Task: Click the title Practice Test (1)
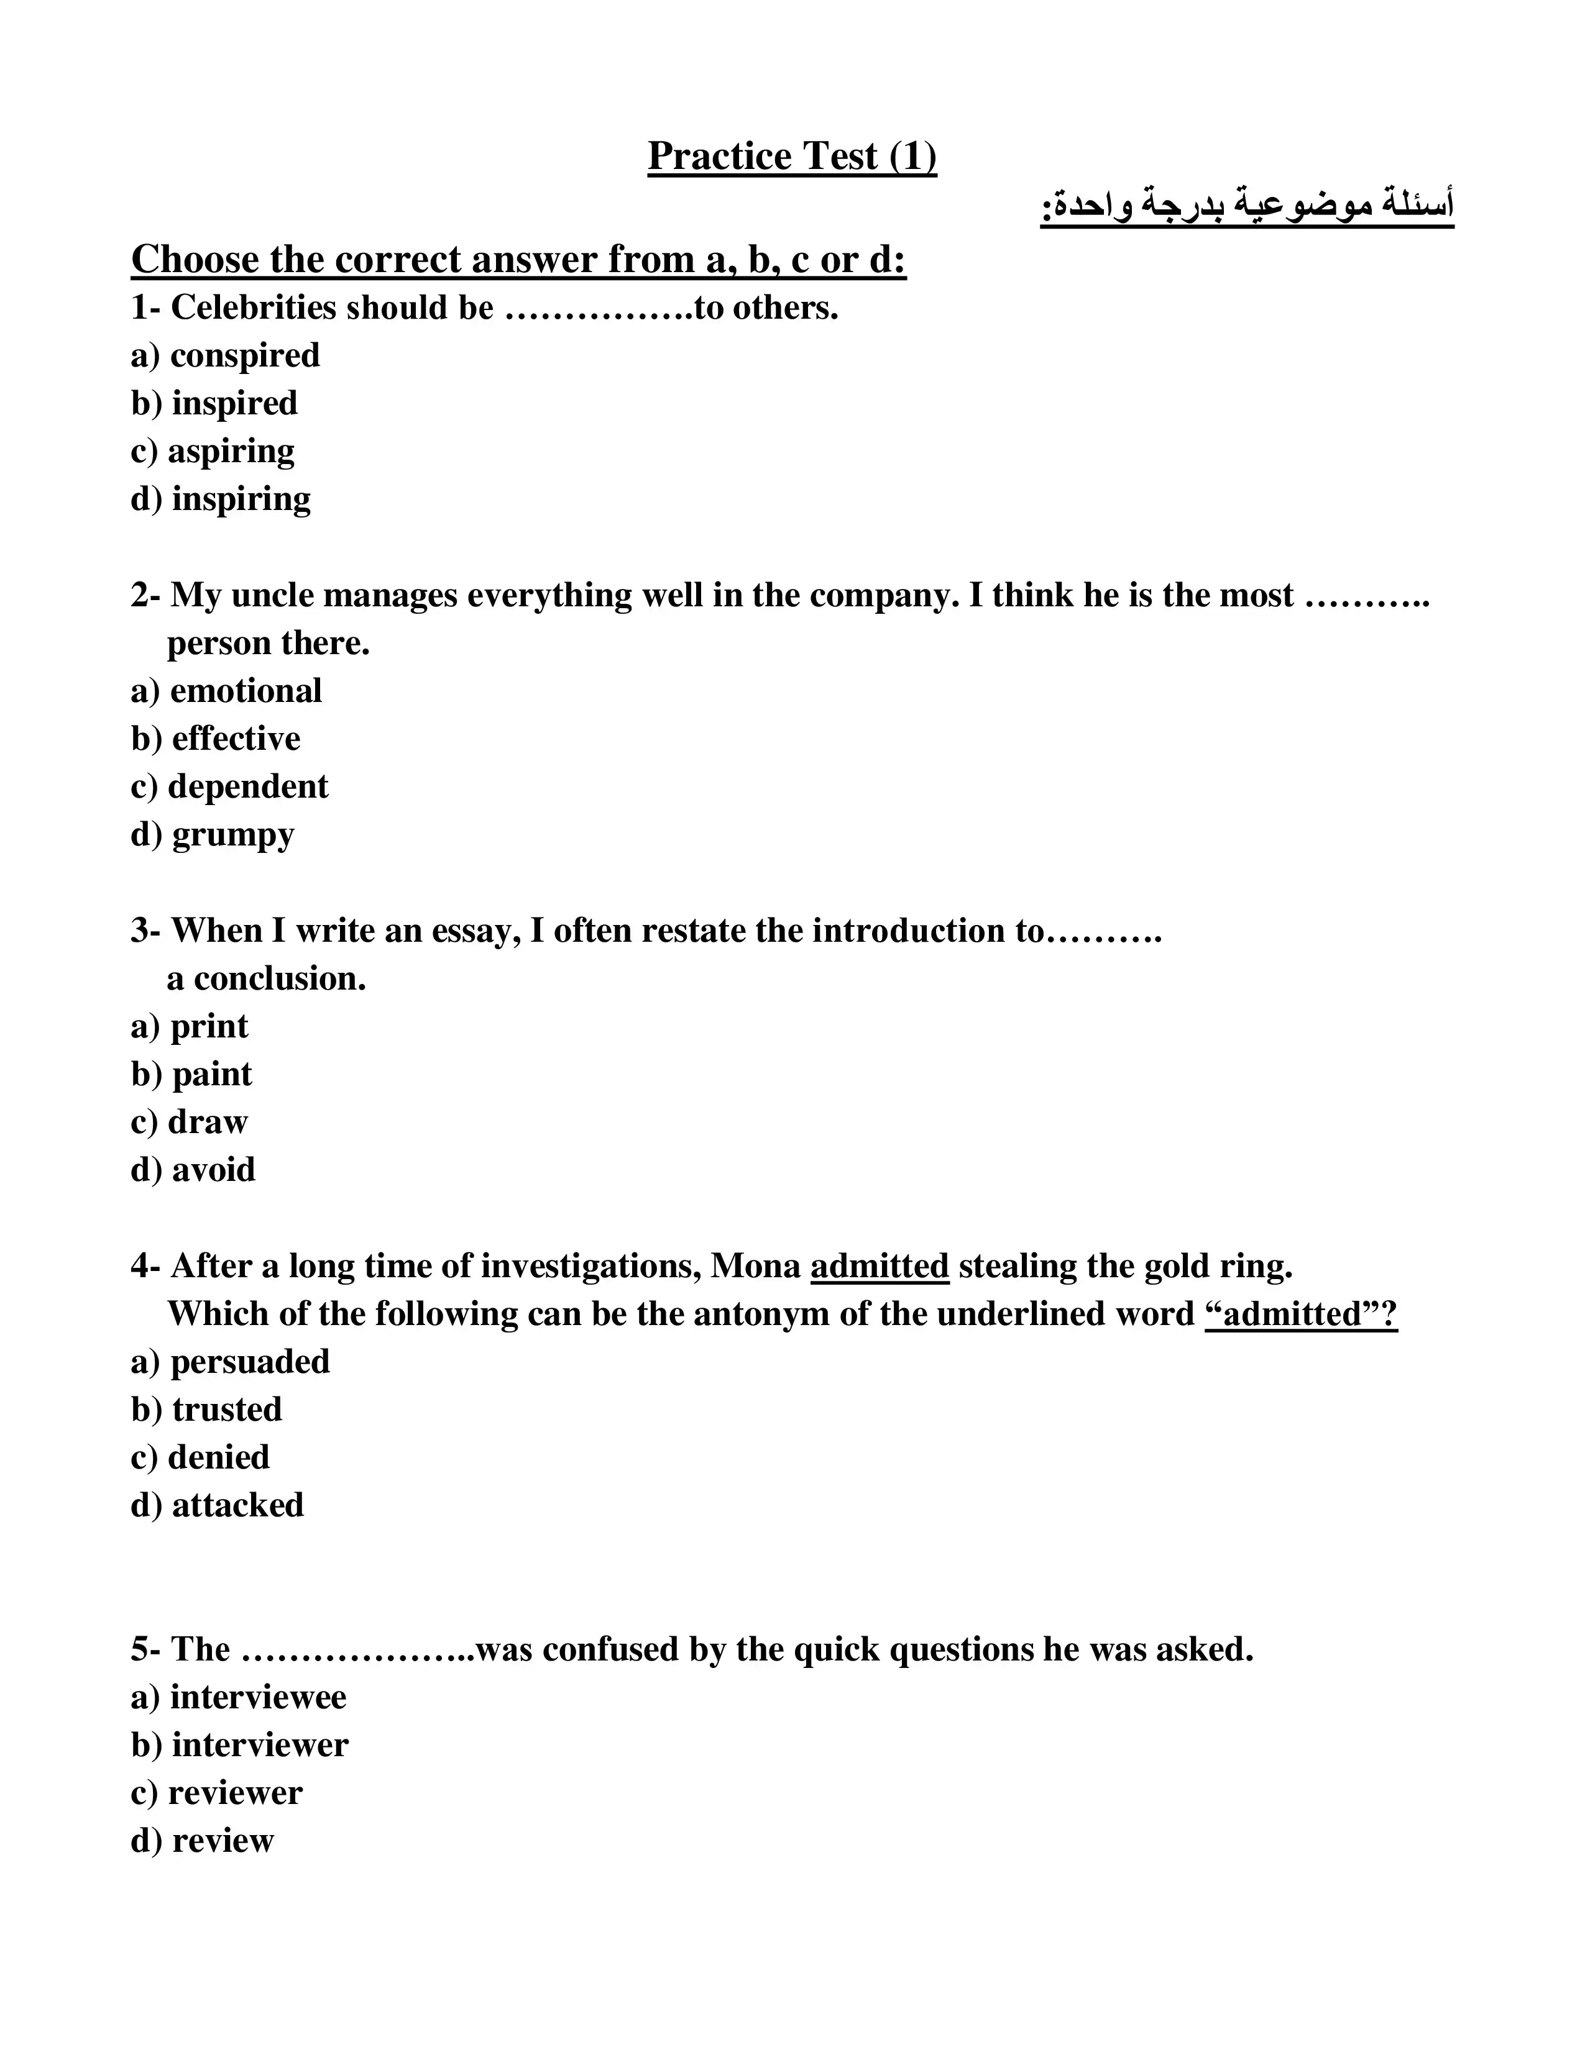tap(791, 156)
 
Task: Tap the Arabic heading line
tap(1246, 206)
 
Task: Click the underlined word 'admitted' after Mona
tap(880, 1266)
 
